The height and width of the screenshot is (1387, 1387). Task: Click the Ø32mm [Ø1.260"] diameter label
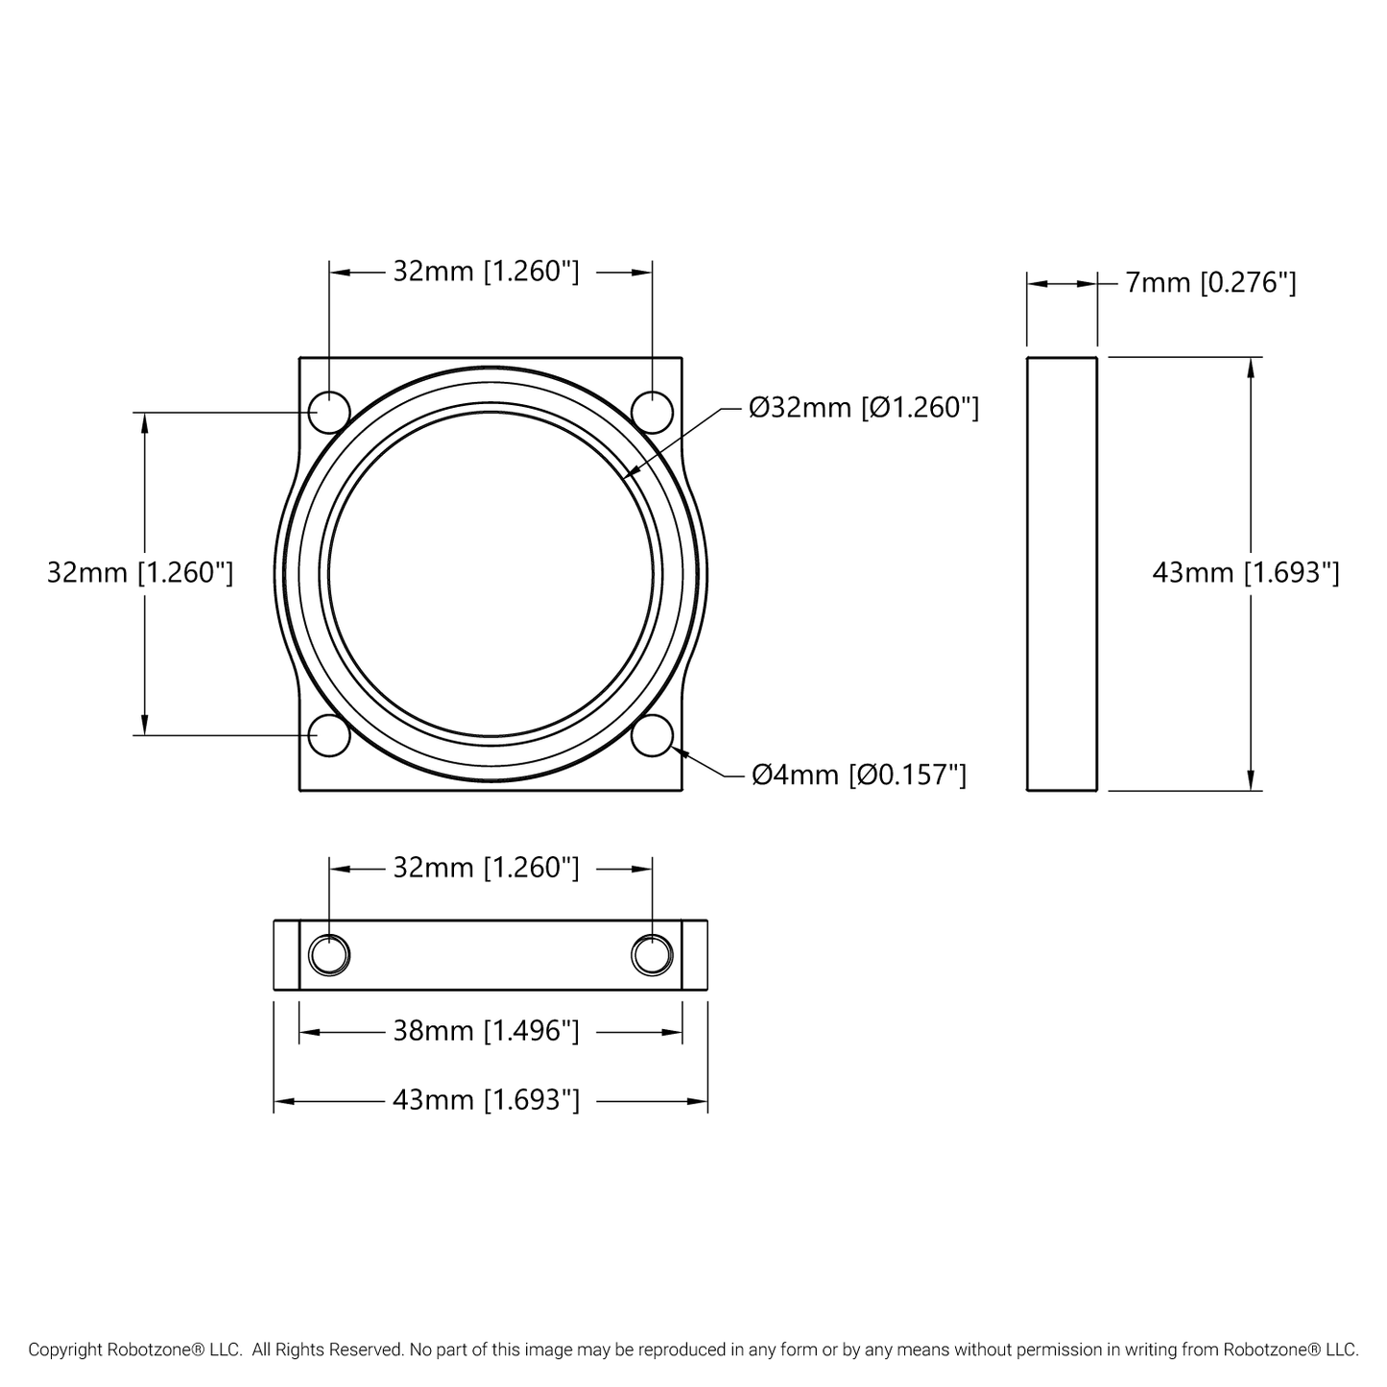864,408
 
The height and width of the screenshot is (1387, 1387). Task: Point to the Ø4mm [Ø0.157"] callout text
859,776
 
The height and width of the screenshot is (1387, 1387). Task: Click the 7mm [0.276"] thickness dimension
1210,283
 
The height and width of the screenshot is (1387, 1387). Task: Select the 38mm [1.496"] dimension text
486,1032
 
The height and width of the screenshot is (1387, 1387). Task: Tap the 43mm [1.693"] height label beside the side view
1246,573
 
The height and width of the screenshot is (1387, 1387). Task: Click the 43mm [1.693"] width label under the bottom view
486,1101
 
